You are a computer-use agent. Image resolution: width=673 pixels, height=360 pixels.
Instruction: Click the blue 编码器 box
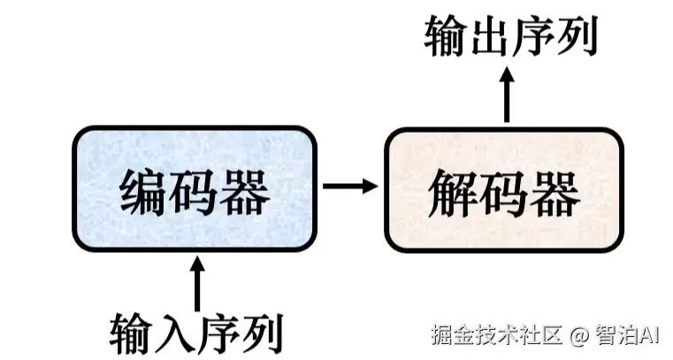[195, 188]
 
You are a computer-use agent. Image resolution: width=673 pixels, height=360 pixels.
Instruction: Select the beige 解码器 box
[504, 189]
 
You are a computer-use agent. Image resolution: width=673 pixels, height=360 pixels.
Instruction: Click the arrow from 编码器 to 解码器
[350, 187]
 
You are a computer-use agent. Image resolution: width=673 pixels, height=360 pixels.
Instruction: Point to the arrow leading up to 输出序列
[507, 95]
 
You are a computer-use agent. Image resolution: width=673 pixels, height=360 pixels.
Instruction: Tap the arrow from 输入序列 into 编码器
[197, 283]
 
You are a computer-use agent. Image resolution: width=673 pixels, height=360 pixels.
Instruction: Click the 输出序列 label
[511, 35]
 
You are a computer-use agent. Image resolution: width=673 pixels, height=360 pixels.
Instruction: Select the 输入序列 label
[196, 334]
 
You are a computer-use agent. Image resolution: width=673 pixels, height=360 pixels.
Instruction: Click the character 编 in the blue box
[144, 192]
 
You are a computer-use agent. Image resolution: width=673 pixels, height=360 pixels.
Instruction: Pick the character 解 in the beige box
[452, 194]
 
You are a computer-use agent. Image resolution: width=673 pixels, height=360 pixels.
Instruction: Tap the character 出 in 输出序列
[490, 35]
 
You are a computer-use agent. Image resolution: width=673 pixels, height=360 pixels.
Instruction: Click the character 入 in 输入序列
[176, 334]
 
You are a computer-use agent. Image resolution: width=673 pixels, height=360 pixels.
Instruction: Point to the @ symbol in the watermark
[579, 334]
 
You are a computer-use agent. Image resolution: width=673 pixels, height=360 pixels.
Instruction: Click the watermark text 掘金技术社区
[497, 334]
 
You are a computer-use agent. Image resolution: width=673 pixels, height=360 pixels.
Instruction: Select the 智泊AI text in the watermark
[627, 334]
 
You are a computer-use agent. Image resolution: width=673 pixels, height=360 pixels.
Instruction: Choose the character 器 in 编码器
[246, 192]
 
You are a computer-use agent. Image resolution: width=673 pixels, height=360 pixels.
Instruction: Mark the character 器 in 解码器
[556, 194]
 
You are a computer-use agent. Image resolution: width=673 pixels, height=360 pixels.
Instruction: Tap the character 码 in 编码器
[195, 192]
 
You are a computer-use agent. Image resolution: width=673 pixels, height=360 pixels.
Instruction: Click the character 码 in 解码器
[504, 194]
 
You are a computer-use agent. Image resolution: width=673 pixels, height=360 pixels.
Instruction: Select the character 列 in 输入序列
[264, 334]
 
